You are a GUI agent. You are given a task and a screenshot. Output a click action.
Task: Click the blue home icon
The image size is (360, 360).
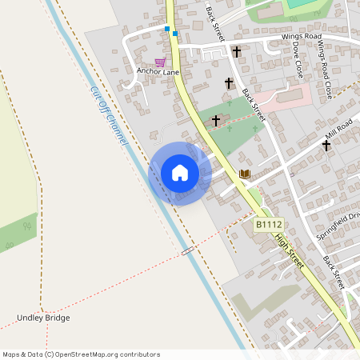[x=179, y=173]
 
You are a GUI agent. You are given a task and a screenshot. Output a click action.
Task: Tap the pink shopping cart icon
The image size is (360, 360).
[x=160, y=62]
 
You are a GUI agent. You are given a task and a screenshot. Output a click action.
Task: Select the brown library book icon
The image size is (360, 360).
[x=245, y=174]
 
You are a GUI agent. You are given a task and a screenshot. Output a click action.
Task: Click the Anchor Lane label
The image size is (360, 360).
[x=158, y=72]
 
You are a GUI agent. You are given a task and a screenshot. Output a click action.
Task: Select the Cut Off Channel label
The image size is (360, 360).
[x=109, y=116]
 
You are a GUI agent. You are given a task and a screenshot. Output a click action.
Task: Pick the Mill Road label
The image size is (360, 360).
[x=334, y=128]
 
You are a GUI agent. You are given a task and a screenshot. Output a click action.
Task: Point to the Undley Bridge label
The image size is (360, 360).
[x=43, y=318]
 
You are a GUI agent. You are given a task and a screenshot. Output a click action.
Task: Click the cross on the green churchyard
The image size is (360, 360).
[x=216, y=121]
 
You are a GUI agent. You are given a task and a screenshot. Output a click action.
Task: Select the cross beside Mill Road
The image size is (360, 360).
[x=326, y=146]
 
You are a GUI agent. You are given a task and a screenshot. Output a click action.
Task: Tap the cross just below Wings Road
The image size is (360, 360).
[x=237, y=52]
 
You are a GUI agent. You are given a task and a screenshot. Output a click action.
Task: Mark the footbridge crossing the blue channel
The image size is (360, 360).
[x=187, y=251]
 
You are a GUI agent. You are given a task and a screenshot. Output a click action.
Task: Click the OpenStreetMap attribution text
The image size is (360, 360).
[x=80, y=354]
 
